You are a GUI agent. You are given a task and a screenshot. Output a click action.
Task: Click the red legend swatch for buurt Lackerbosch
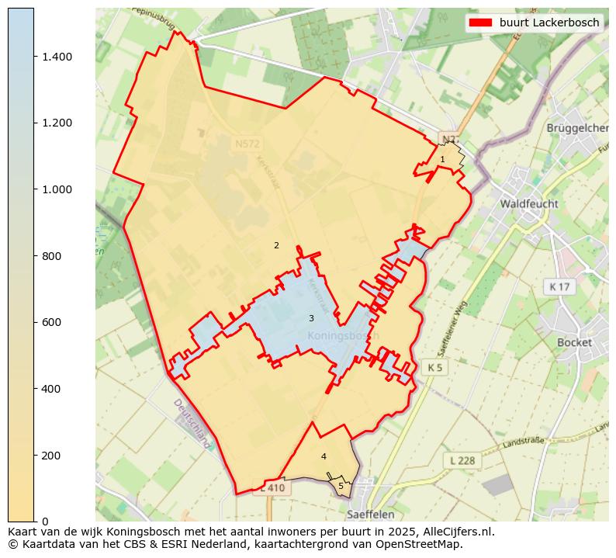point(480,23)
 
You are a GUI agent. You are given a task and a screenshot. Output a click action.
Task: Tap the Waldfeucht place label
point(529,203)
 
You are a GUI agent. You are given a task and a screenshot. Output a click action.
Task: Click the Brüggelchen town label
point(577,127)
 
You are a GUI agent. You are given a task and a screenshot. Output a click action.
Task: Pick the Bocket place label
point(574,342)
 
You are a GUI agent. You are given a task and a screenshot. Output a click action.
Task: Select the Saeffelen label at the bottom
point(370,514)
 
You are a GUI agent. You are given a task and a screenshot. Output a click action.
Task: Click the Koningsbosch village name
point(341,335)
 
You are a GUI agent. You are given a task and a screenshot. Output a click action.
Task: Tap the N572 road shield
point(248,144)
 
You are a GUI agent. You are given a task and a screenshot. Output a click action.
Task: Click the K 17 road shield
point(559,287)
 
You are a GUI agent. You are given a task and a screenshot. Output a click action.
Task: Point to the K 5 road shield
point(434,366)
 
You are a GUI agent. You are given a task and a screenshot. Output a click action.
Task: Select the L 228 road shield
point(462,460)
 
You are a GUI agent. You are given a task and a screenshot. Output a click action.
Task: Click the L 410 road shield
point(272,488)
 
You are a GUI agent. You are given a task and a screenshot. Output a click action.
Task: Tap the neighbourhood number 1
point(442,159)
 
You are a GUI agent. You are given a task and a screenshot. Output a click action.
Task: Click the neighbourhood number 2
point(276,245)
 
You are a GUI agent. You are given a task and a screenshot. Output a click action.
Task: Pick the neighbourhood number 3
point(311,318)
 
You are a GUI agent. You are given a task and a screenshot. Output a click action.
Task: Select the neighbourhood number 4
point(324,456)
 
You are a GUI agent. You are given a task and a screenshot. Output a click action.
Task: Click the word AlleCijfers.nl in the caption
point(455,532)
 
